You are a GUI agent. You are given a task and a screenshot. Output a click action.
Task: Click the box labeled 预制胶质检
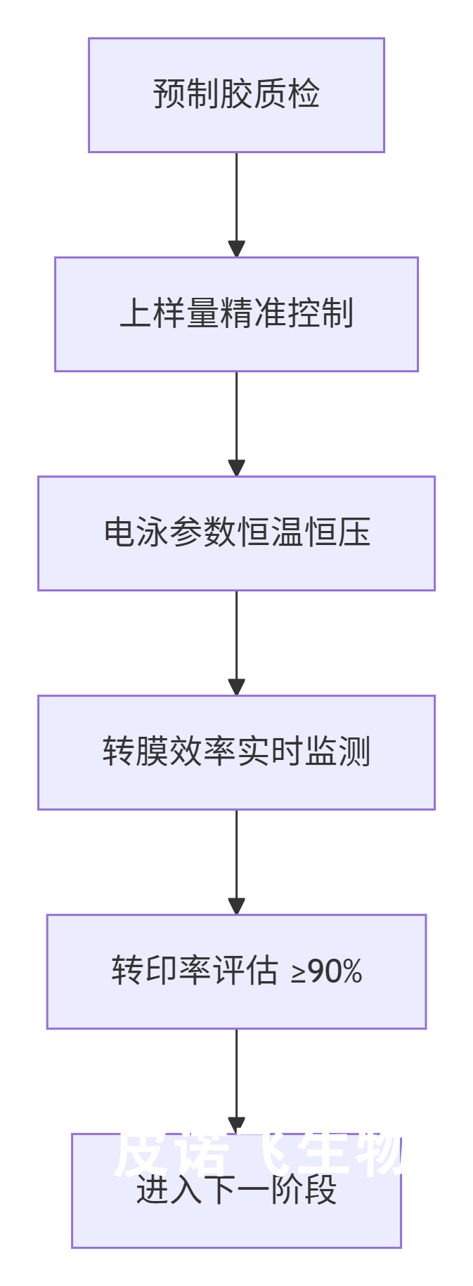(x=236, y=95)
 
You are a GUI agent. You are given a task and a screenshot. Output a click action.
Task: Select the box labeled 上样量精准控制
(x=236, y=314)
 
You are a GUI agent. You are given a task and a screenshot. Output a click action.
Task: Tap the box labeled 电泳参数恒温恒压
(x=236, y=533)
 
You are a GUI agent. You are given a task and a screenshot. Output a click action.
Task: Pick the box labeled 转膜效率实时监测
(x=236, y=752)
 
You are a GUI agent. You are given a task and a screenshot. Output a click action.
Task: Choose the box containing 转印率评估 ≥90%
(x=236, y=971)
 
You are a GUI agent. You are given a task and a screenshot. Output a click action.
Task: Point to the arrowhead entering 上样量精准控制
(x=236, y=249)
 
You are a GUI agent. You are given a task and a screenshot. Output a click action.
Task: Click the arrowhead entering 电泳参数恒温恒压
(x=236, y=468)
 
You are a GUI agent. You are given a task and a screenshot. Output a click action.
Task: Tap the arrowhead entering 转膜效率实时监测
(x=236, y=688)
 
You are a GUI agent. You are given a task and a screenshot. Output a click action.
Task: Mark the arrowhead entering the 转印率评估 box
(x=236, y=907)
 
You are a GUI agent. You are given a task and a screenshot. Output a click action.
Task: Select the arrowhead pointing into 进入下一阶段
(x=236, y=1125)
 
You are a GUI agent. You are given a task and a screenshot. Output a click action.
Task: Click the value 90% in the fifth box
(x=335, y=972)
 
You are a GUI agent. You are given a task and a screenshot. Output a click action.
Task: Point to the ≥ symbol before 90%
(x=299, y=973)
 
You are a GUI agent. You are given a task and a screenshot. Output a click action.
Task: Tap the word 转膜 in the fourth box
(x=136, y=752)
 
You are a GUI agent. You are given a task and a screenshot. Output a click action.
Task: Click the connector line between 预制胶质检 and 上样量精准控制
(x=236, y=197)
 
